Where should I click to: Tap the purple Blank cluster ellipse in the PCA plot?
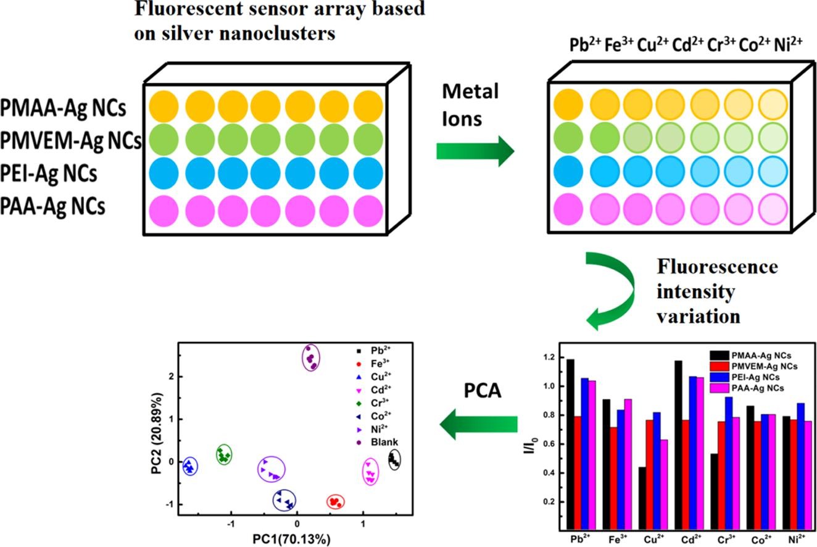(311, 358)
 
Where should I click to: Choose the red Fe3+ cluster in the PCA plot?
(335, 502)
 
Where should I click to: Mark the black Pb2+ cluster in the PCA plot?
(394, 459)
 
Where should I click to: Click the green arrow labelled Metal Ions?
(475, 151)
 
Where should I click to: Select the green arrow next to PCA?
(478, 424)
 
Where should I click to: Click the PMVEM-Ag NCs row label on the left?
(70, 141)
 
